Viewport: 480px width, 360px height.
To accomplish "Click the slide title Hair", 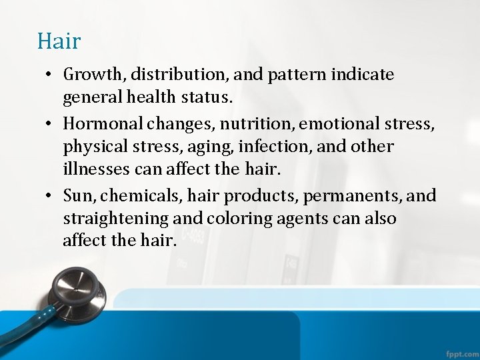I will (x=59, y=41).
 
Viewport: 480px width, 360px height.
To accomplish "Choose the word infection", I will (x=261, y=147).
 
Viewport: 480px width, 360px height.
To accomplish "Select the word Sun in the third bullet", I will (x=77, y=196).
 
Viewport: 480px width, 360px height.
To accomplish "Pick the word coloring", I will (x=237, y=219).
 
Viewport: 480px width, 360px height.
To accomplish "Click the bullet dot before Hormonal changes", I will (x=51, y=124).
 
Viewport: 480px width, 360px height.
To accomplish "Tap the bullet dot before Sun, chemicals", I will (x=51, y=197).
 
